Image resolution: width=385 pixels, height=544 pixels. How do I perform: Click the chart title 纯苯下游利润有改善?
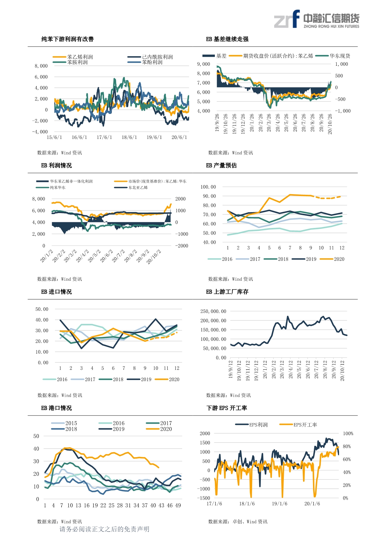point(67,39)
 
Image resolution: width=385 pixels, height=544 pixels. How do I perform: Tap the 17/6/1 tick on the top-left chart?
point(104,137)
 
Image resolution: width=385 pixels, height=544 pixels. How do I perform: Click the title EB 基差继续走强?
point(227,39)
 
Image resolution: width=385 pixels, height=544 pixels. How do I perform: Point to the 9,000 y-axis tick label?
point(203,64)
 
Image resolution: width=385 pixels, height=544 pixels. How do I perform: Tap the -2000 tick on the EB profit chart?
point(182,246)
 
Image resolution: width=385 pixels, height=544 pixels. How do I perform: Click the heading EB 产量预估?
point(221,165)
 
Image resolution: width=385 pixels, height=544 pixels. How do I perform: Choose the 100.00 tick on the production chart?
point(208,187)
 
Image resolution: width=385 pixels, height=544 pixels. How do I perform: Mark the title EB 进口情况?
point(56,292)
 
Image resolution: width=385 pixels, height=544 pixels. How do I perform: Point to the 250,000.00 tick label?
point(213,311)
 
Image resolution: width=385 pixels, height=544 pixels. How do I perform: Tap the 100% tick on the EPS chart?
point(348,434)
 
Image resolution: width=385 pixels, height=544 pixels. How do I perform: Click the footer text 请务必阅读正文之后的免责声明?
point(104,529)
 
